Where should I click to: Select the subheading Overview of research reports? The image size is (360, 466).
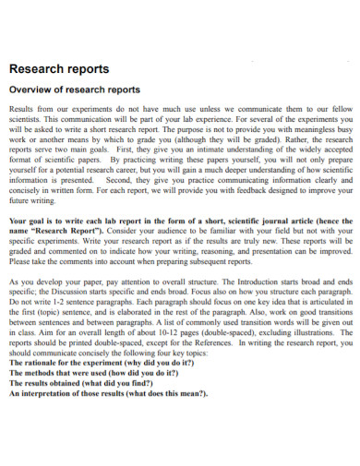pyautogui.click(x=74, y=90)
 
